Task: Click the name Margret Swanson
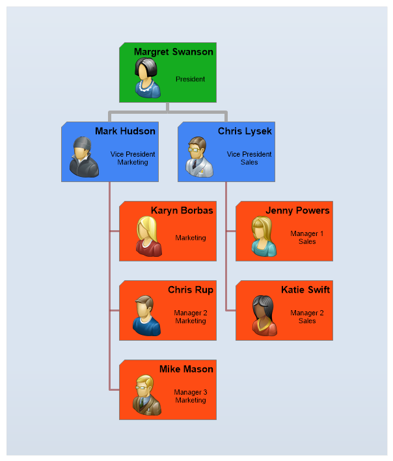tap(174, 52)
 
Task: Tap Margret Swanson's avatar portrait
tap(148, 77)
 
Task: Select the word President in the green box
tap(190, 79)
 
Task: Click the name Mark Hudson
tap(125, 131)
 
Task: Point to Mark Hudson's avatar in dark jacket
tap(84, 157)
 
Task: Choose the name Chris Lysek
tap(245, 131)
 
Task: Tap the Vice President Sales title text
tap(249, 159)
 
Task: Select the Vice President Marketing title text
tap(133, 159)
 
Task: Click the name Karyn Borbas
tap(182, 211)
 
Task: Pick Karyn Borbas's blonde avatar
tap(148, 236)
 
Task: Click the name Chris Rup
tap(190, 290)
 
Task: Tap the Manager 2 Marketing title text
tap(190, 317)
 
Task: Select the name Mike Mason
tap(186, 369)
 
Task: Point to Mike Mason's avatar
tap(147, 395)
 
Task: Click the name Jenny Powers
tap(297, 211)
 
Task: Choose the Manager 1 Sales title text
tap(307, 238)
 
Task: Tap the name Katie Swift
tap(305, 290)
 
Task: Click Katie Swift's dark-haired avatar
tap(264, 315)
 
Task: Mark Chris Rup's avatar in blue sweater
tap(147, 315)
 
